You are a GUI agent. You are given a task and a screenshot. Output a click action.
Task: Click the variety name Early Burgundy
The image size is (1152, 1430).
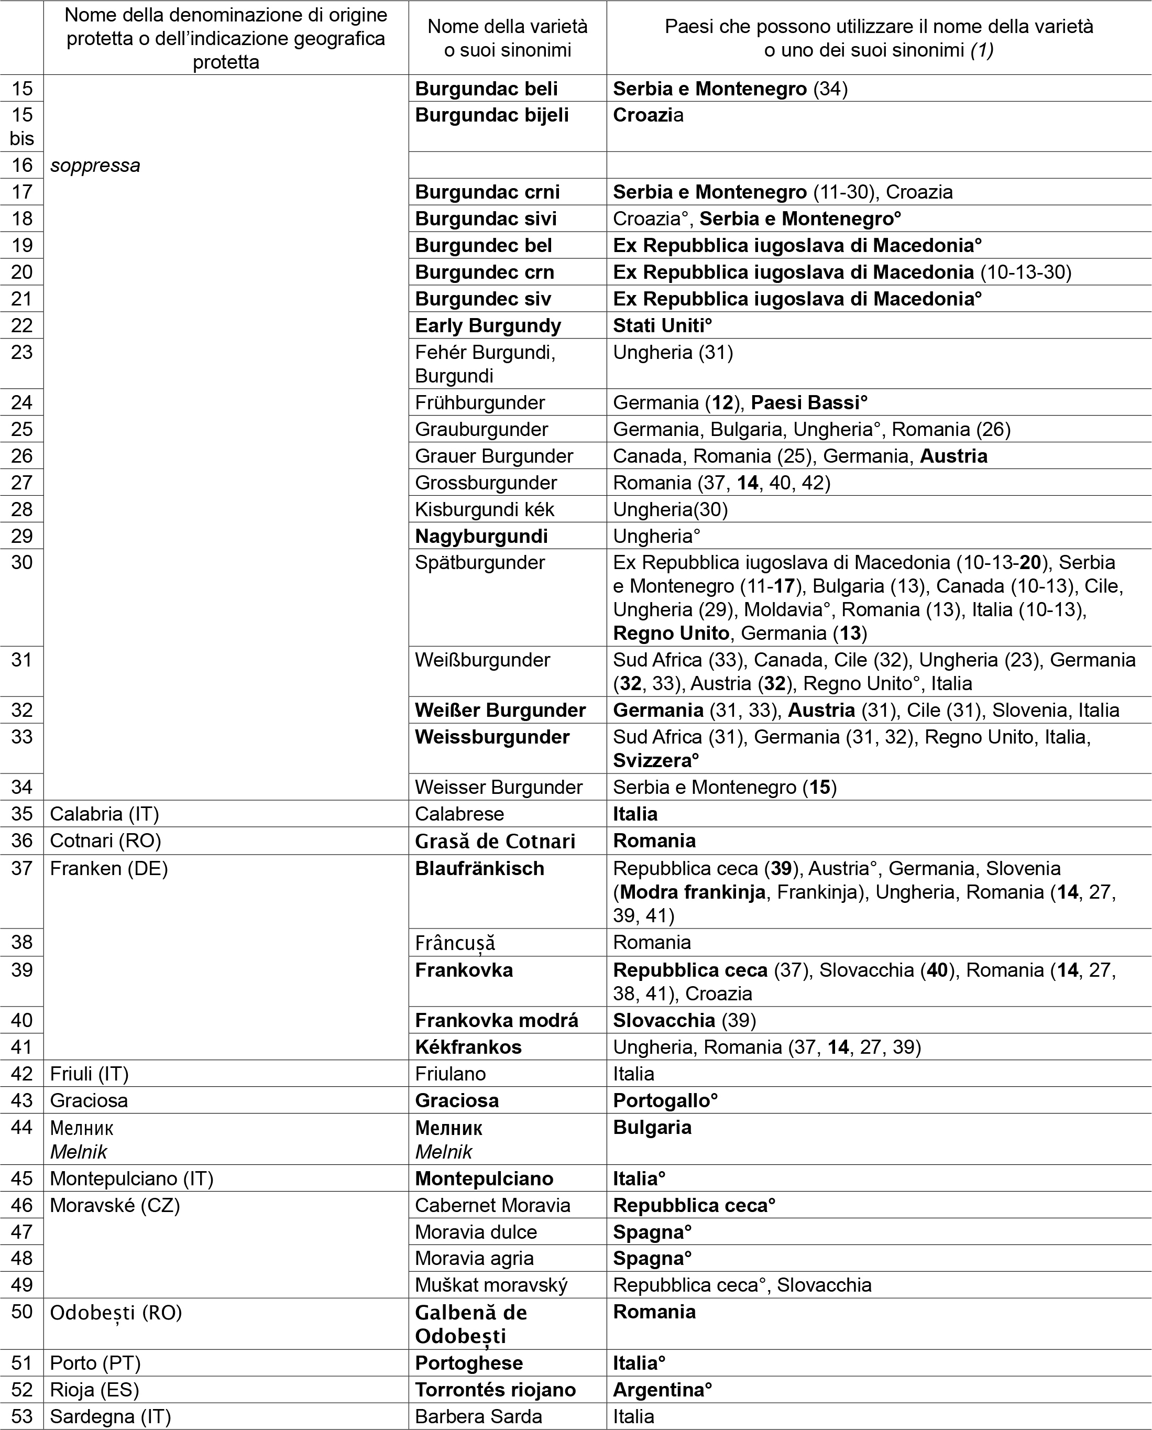(488, 326)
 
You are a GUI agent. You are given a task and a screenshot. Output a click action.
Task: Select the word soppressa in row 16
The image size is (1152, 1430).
(95, 165)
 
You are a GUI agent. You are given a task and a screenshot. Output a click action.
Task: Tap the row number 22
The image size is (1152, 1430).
(22, 326)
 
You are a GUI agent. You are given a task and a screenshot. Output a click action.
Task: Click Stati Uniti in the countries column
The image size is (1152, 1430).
(659, 326)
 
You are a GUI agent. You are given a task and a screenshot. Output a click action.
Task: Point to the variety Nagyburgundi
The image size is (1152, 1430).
(481, 536)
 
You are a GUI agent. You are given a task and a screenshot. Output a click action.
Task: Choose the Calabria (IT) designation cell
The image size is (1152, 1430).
(104, 814)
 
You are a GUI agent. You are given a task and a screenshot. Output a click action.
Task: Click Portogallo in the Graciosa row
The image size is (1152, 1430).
(662, 1101)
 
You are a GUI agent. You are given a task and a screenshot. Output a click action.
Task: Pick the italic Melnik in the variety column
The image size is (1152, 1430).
(443, 1152)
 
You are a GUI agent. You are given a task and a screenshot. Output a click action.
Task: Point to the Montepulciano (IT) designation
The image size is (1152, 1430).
(131, 1178)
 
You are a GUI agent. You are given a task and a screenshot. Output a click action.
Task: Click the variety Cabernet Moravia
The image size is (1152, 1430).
(492, 1205)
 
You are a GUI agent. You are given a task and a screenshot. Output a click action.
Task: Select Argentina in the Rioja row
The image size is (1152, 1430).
(659, 1390)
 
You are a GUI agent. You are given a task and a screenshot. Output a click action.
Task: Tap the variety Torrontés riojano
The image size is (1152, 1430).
(495, 1390)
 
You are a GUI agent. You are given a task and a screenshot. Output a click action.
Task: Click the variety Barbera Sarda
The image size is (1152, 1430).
(478, 1417)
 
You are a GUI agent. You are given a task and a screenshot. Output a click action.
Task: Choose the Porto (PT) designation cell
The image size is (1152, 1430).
(95, 1363)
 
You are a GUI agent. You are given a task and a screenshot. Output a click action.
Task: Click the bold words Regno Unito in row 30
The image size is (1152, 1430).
(671, 633)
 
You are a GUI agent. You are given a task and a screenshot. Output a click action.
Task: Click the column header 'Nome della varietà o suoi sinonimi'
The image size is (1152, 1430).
(508, 38)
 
